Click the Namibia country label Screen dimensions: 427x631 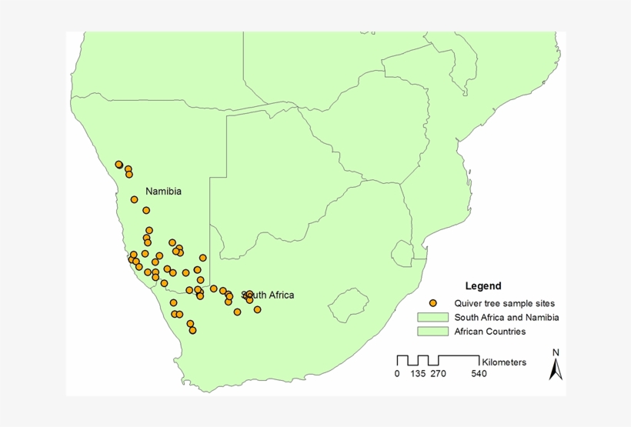pyautogui.click(x=163, y=191)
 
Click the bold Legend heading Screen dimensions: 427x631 pyautogui.click(x=482, y=285)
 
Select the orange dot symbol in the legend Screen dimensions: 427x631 pyautogui.click(x=433, y=303)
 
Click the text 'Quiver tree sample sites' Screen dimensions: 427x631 pyautogui.click(x=504, y=303)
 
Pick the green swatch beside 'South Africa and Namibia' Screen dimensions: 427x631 pyautogui.click(x=433, y=317)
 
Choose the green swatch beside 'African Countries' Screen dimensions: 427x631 pyautogui.click(x=433, y=332)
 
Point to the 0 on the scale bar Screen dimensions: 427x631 pyautogui.click(x=397, y=374)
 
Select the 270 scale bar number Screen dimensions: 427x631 pyautogui.click(x=437, y=374)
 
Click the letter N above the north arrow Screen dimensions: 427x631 pyautogui.click(x=556, y=352)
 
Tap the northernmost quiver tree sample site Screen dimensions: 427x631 pyautogui.click(x=119, y=164)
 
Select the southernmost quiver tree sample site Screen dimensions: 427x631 pyautogui.click(x=192, y=330)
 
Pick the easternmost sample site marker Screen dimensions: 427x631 pyautogui.click(x=257, y=309)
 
